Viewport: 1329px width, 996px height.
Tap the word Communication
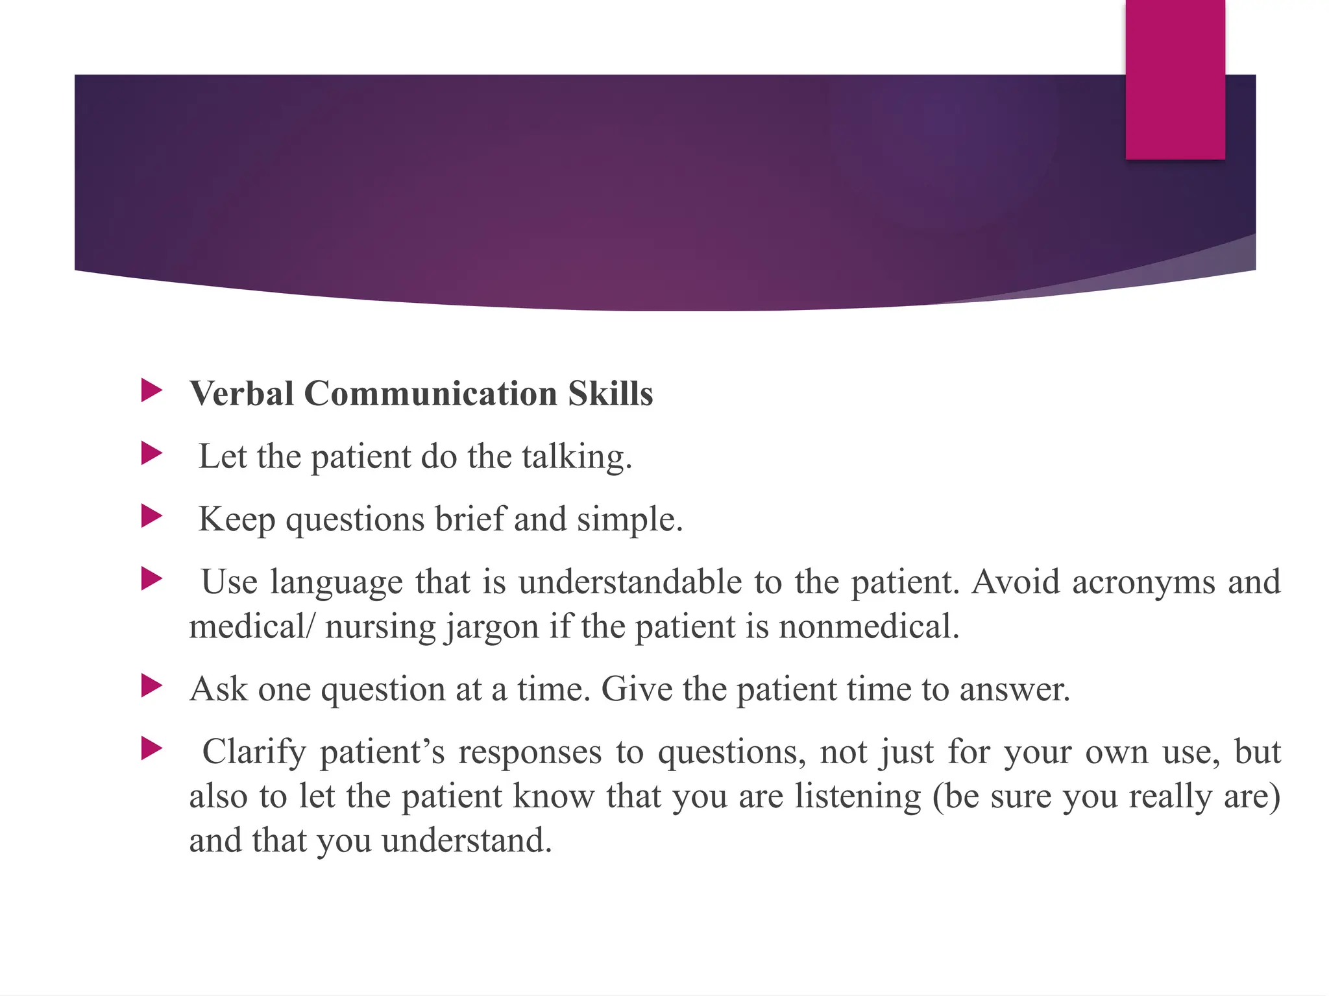pos(430,394)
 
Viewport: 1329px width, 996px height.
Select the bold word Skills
pos(610,394)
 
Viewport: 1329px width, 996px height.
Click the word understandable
pos(630,582)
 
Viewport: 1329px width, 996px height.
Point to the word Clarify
pos(254,753)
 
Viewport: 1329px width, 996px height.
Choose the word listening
pos(858,797)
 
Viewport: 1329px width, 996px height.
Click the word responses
pos(530,753)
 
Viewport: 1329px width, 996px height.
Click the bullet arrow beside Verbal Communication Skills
pos(151,390)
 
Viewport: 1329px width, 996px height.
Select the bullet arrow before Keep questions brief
pos(151,516)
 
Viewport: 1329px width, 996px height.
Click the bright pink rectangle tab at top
pos(1175,79)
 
